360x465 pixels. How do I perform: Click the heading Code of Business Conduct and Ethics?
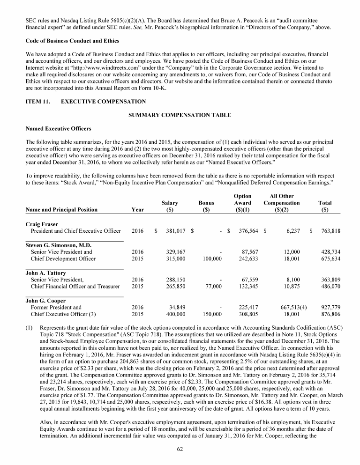72,41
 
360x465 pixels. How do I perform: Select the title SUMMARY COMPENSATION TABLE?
180,115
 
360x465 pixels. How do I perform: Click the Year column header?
137,210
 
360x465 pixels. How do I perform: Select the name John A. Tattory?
45,273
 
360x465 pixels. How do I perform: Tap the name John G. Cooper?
45,301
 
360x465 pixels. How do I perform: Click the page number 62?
180,449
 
